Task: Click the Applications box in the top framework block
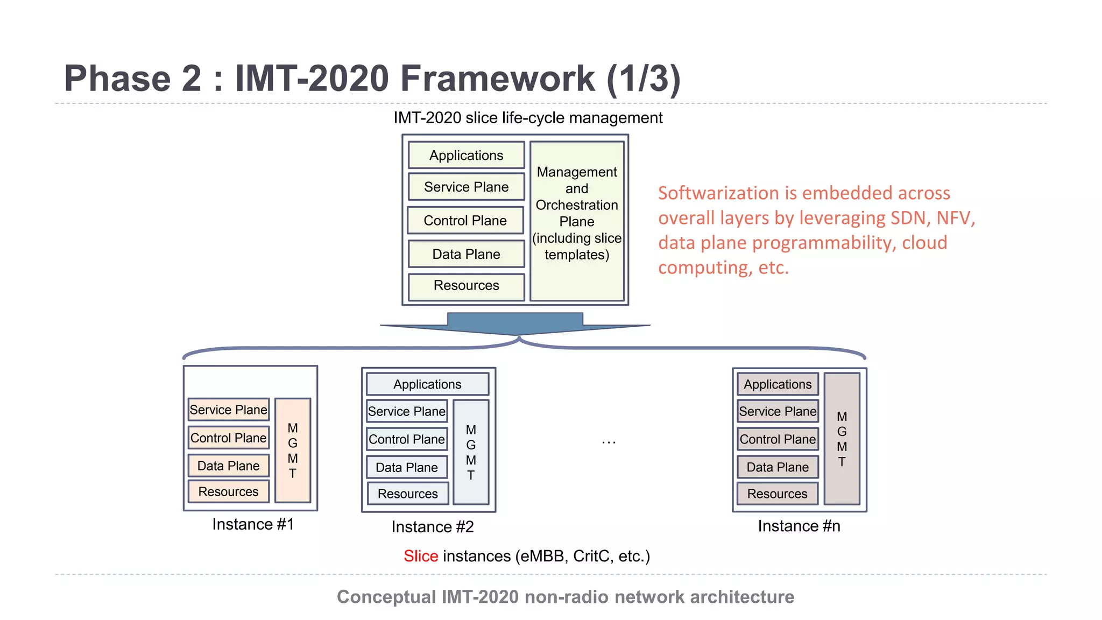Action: click(x=466, y=156)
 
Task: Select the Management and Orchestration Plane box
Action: click(x=577, y=221)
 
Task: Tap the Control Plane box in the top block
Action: click(x=465, y=221)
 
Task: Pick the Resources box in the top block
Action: click(x=466, y=286)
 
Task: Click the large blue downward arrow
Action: click(x=515, y=323)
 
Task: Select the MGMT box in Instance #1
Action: click(x=293, y=450)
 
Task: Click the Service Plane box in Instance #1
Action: click(x=229, y=410)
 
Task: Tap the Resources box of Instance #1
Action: click(x=229, y=492)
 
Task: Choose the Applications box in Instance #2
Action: click(x=427, y=384)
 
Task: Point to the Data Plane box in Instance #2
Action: click(x=407, y=468)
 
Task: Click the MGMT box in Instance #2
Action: click(x=471, y=452)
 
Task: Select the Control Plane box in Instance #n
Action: click(x=778, y=440)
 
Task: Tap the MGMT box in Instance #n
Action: click(x=842, y=439)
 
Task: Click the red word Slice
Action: click(x=421, y=556)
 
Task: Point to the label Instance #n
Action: click(x=799, y=526)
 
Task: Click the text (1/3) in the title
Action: click(x=644, y=79)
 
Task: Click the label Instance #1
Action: click(x=253, y=524)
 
